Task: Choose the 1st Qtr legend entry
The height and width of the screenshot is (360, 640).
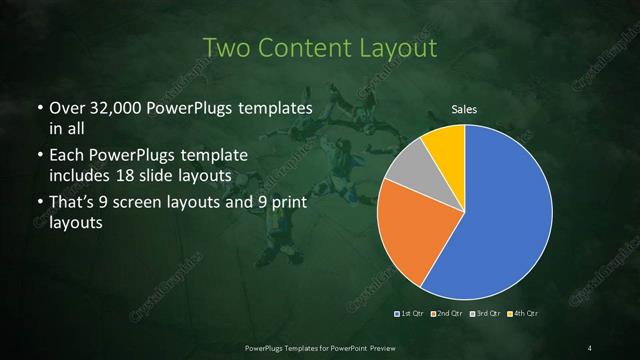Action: [410, 314]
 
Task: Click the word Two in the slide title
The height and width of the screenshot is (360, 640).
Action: [226, 48]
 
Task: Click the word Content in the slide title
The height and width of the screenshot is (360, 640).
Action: [307, 48]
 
